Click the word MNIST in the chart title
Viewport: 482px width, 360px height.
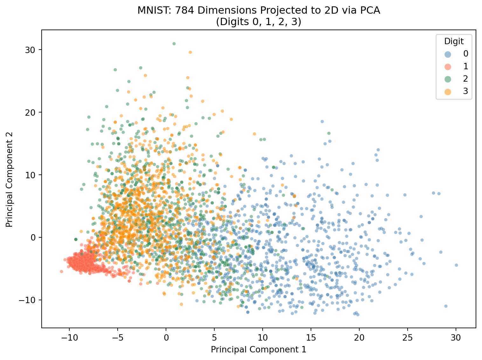[x=151, y=10]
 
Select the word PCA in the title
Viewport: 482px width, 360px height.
[x=371, y=10]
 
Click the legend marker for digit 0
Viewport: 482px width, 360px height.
[x=448, y=54]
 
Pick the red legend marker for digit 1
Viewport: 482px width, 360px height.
[x=448, y=66]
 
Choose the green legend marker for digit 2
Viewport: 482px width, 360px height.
[x=448, y=79]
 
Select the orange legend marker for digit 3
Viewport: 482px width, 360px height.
[x=448, y=92]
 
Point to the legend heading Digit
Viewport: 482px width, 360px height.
[x=454, y=41]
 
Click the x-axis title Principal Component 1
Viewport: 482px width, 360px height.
[x=258, y=350]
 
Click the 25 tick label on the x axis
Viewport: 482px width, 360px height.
[x=407, y=337]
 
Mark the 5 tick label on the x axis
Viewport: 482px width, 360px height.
[x=214, y=337]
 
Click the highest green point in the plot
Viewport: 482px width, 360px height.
[x=174, y=44]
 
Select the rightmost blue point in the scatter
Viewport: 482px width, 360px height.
[x=456, y=265]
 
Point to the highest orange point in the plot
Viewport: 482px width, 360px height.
[x=190, y=52]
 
